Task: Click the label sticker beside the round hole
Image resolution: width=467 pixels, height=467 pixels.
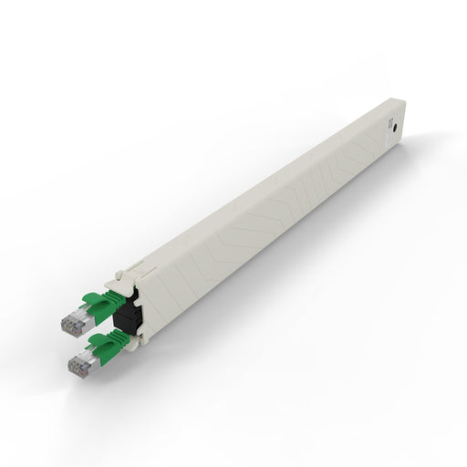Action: (387, 121)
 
